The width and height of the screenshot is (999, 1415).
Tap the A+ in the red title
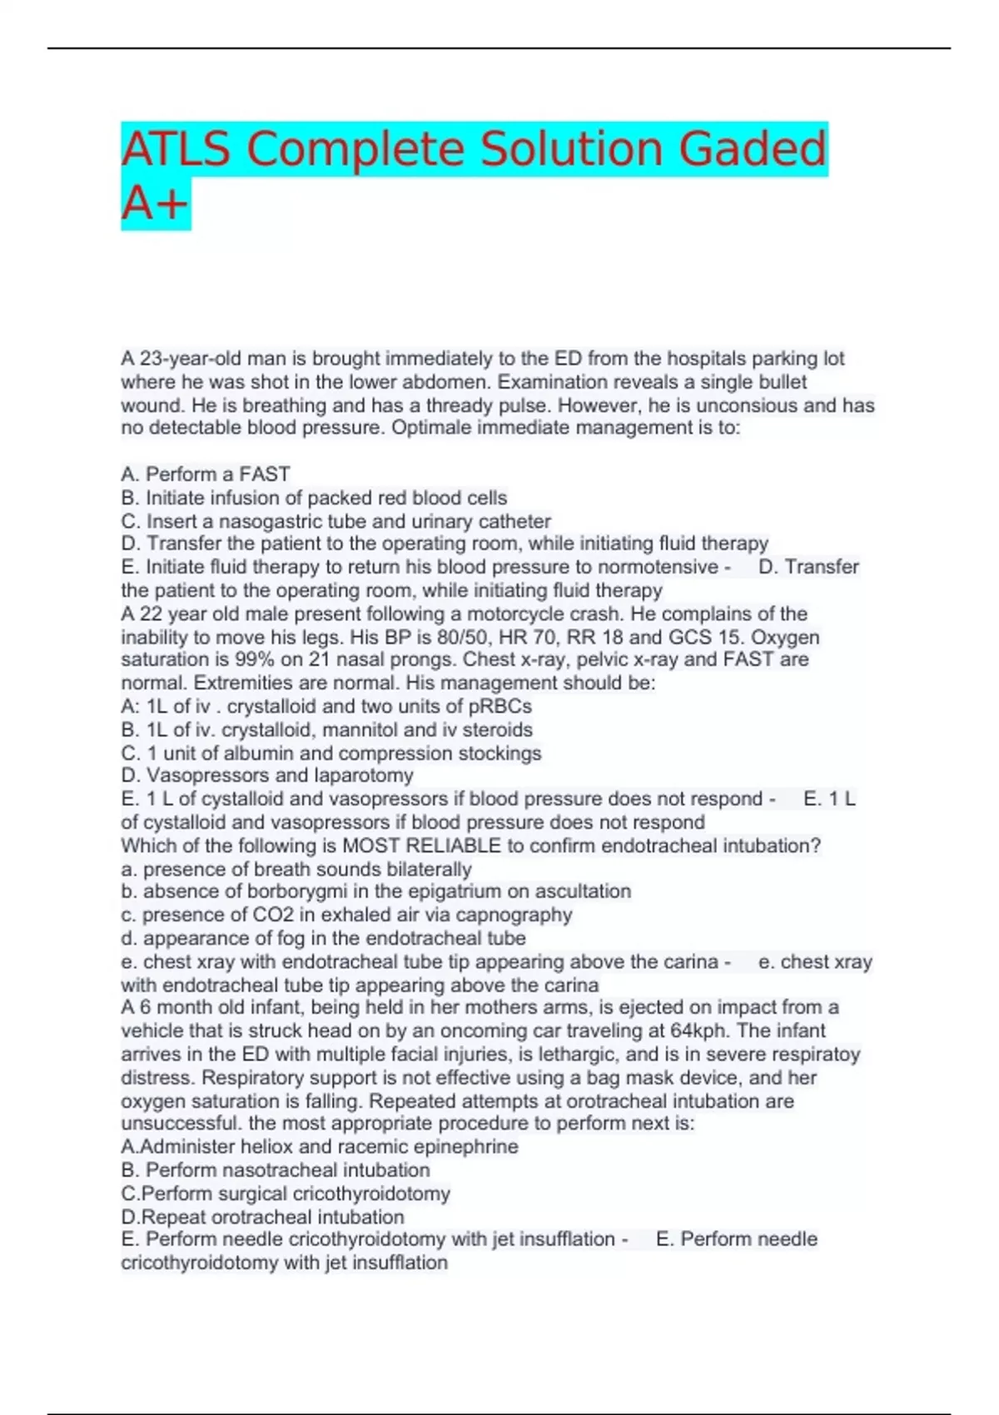(x=155, y=204)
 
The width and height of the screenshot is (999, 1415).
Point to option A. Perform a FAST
(x=206, y=474)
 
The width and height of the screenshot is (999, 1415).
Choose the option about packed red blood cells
(x=314, y=498)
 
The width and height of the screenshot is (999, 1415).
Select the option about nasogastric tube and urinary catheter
(x=335, y=521)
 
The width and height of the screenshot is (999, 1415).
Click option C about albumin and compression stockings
(x=331, y=753)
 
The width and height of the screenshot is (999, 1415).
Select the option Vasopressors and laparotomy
(x=267, y=776)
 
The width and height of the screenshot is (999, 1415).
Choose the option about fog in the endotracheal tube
(x=323, y=938)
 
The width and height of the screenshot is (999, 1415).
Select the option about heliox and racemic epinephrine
(x=320, y=1147)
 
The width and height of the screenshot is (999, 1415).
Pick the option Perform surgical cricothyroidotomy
(x=286, y=1194)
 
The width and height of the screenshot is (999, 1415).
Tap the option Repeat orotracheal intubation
(x=262, y=1217)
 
